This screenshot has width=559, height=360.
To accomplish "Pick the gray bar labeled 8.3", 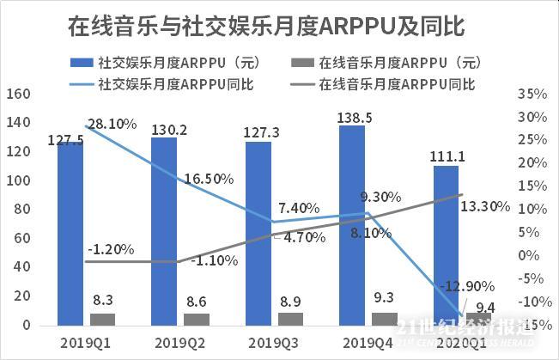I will (102, 320).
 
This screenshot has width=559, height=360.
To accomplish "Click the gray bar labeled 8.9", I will (291, 319).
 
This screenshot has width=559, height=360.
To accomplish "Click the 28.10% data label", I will (112, 124).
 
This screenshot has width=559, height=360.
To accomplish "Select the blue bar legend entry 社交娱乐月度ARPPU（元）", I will (171, 63).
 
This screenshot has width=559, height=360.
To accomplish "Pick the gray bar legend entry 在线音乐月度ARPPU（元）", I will (391, 63).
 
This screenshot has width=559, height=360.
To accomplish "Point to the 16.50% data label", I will (209, 179).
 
